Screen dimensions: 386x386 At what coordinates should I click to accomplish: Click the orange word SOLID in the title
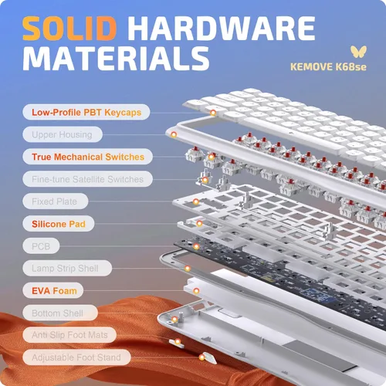point(69,29)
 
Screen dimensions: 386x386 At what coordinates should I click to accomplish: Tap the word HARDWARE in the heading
point(222,29)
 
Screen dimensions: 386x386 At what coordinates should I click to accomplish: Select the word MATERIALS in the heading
point(116,59)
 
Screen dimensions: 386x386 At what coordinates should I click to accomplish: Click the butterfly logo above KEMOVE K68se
point(358,52)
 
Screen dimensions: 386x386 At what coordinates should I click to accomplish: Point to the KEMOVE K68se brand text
point(328,67)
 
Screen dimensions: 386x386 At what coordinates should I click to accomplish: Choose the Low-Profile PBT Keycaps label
point(86,112)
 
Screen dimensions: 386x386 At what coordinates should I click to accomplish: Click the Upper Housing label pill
point(63,134)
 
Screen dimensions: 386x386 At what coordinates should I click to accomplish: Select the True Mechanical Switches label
point(87,157)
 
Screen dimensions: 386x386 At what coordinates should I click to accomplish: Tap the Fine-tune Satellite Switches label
point(87,179)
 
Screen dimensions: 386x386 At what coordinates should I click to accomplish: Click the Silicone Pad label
point(59,224)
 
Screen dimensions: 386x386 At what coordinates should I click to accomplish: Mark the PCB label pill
point(41,246)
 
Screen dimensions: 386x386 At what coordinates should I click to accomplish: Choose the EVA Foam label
point(53,290)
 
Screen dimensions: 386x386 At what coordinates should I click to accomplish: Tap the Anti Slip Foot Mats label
point(69,335)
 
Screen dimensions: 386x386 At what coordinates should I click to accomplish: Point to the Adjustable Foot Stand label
point(76,357)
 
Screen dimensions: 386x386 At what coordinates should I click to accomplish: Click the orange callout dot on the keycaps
point(213,113)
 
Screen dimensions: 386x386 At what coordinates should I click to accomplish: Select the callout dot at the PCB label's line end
point(196,246)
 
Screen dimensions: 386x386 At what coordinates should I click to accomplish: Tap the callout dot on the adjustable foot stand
point(202,357)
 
